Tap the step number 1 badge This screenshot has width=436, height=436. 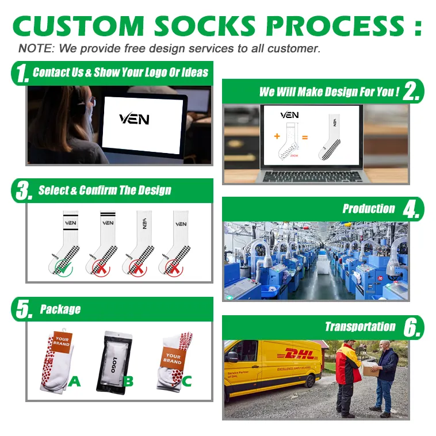pos(21,74)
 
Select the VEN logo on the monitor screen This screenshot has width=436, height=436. pos(135,119)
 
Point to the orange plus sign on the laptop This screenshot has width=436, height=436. pos(277,137)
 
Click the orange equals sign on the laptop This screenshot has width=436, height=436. pos(305,137)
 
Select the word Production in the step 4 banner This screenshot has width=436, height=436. pos(368,209)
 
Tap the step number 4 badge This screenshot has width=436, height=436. pos(412,209)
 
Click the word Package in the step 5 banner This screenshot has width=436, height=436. pos(60,309)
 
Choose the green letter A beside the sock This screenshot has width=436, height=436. pos(75,380)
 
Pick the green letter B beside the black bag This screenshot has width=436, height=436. pos(128,380)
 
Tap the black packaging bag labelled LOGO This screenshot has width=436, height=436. pos(113,361)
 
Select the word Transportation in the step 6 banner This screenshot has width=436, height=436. pos(360,327)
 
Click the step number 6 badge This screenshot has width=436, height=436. pos(412,328)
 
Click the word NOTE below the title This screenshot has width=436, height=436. pos(32,48)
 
